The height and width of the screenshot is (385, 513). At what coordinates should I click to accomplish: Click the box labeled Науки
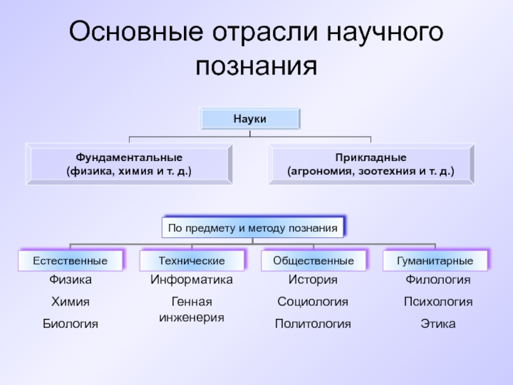tap(250, 119)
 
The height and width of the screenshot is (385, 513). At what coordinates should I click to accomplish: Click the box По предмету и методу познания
tap(253, 227)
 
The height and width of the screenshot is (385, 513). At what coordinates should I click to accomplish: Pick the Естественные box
tap(71, 261)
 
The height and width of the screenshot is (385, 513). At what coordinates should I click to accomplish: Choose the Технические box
tap(192, 261)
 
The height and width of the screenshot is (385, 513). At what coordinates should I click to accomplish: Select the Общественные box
tap(314, 261)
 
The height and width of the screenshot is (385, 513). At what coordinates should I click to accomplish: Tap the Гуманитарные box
tap(435, 261)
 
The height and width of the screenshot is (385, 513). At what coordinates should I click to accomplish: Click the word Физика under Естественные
tap(71, 280)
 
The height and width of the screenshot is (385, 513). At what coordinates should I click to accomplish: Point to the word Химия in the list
tap(71, 302)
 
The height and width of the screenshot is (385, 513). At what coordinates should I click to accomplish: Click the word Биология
tap(71, 324)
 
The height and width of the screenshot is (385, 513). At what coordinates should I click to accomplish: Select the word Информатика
tap(192, 280)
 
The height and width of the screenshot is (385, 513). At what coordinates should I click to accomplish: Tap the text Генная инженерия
tap(192, 309)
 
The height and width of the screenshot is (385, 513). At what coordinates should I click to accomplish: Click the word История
tap(313, 280)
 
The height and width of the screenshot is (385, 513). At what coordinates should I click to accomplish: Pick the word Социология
tap(313, 302)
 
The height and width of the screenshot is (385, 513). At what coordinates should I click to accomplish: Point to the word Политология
tap(313, 324)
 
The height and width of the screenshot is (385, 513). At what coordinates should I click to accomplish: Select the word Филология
tap(438, 280)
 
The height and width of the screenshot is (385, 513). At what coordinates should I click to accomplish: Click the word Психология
tap(438, 302)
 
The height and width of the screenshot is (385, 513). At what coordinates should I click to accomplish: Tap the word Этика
tap(438, 324)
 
